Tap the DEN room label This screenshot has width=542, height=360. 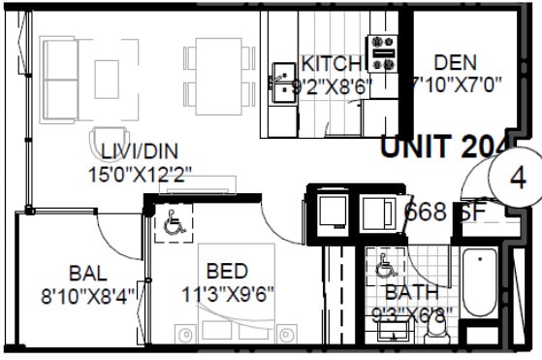coord(455,63)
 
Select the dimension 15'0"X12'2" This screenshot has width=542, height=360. coord(140,175)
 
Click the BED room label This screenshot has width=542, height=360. coord(227,271)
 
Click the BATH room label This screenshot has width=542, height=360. coord(411,292)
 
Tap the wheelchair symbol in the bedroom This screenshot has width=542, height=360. coord(175,224)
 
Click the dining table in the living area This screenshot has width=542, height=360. coord(215,71)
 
